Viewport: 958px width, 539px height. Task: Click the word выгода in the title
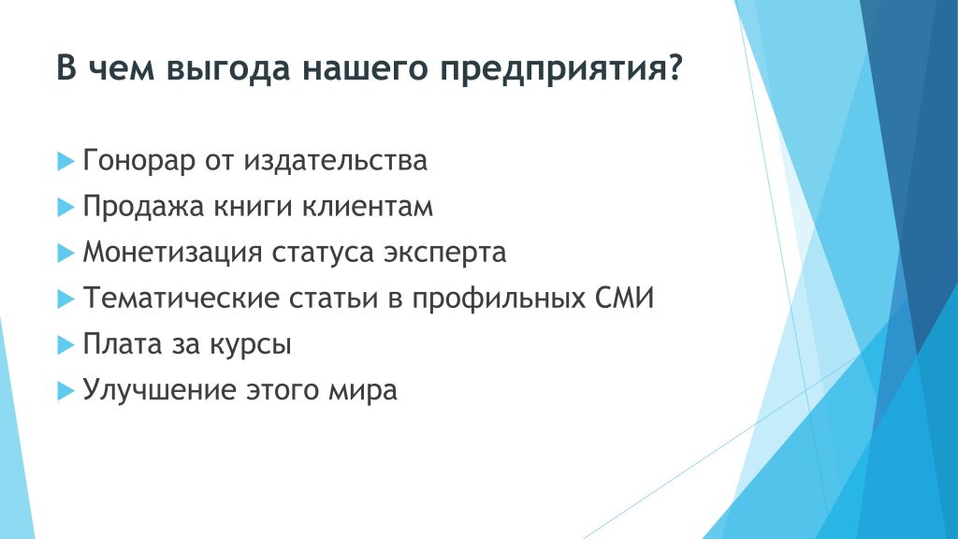pyautogui.click(x=228, y=69)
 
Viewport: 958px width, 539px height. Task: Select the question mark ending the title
pyautogui.click(x=674, y=66)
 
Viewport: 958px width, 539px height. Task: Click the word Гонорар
pyautogui.click(x=138, y=161)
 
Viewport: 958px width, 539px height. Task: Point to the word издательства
pyautogui.click(x=336, y=161)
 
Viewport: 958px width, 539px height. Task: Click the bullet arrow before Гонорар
pyautogui.click(x=65, y=161)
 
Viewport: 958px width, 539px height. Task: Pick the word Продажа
pyautogui.click(x=143, y=207)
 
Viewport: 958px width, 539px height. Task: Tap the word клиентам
pyautogui.click(x=368, y=207)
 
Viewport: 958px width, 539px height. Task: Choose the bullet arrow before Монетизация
pyautogui.click(x=65, y=253)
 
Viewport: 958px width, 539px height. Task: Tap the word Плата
pyautogui.click(x=122, y=344)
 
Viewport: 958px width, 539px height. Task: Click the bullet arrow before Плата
pyautogui.click(x=65, y=344)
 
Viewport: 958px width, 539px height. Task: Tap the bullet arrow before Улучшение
pyautogui.click(x=65, y=390)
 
